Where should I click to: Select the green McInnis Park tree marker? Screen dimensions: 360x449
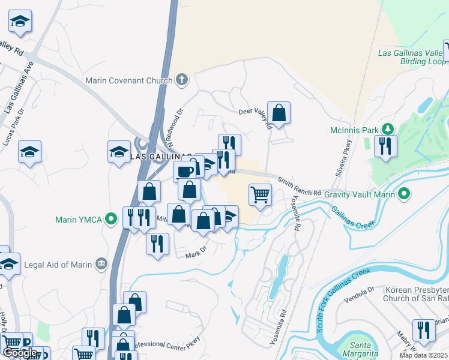click(x=388, y=130)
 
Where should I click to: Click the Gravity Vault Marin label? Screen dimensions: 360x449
click(x=359, y=194)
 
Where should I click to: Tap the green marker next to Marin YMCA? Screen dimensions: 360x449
click(x=110, y=219)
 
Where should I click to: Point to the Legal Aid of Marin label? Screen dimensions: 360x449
click(x=59, y=262)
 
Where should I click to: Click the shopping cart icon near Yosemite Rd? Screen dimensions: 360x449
click(x=261, y=194)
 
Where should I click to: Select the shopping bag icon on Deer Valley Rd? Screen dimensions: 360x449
click(x=279, y=112)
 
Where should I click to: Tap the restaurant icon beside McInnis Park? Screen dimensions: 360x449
click(x=385, y=146)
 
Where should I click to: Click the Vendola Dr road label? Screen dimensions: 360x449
click(x=360, y=292)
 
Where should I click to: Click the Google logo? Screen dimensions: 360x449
click(x=20, y=353)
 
